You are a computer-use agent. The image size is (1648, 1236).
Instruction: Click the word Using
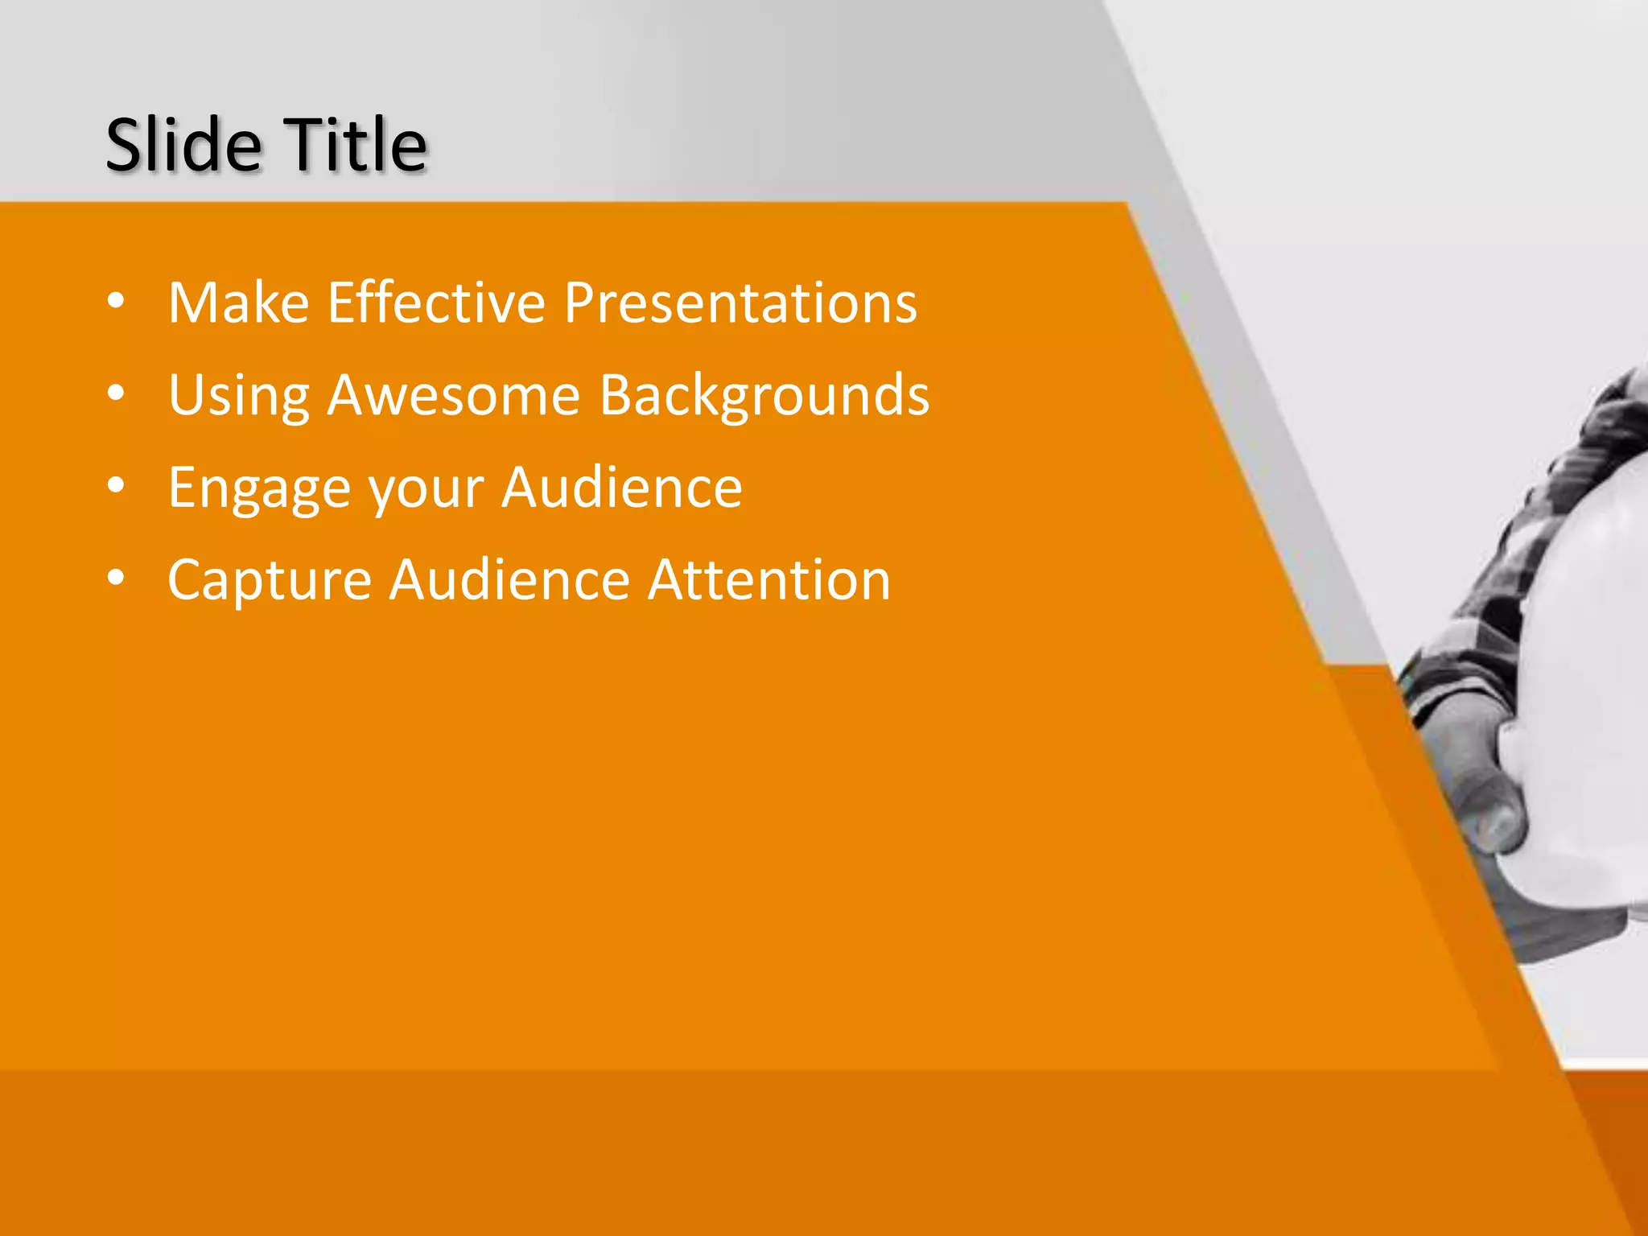point(238,396)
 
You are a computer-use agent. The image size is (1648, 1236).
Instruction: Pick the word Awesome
point(453,396)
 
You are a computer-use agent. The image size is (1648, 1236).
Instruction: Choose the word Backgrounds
point(764,396)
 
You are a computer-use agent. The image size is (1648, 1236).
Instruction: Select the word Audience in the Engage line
point(621,488)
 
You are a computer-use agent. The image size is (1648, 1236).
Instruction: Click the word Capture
point(269,581)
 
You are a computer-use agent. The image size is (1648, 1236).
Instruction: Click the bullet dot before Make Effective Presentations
point(116,301)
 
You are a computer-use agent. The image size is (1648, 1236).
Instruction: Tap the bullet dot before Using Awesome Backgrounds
point(116,393)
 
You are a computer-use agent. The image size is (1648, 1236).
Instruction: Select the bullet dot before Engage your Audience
point(116,486)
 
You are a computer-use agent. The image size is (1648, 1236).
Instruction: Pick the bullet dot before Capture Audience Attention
point(116,579)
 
